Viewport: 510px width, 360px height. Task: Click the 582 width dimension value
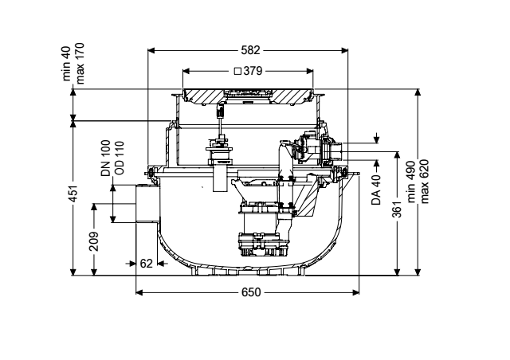[x=250, y=50]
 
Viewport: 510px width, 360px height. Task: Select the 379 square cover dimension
[x=253, y=71]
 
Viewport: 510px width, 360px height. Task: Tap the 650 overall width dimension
[x=251, y=292]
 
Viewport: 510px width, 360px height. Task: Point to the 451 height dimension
[x=74, y=194]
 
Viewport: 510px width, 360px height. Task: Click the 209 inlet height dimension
[x=94, y=241]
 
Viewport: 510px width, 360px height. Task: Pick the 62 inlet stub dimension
[x=146, y=263]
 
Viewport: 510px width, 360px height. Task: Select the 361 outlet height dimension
[x=397, y=208]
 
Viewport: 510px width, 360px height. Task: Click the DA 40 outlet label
[x=376, y=190]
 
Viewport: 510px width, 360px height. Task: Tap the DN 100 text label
[x=106, y=158]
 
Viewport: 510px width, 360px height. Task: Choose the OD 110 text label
[x=120, y=158]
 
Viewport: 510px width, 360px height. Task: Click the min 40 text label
[x=66, y=64]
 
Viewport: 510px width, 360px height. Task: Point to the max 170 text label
[x=80, y=64]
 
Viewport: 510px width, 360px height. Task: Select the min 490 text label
[x=411, y=182]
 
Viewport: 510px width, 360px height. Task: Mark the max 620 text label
[x=425, y=182]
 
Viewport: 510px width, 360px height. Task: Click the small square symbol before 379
[x=237, y=71]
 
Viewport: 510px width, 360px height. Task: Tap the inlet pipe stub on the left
[x=147, y=204]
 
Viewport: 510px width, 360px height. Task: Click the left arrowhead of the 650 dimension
[x=139, y=292]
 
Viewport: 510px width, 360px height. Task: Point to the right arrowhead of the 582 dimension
[x=344, y=50]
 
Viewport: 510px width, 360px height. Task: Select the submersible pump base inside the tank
[x=264, y=245]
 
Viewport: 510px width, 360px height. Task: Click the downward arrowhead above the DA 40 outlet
[x=377, y=140]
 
